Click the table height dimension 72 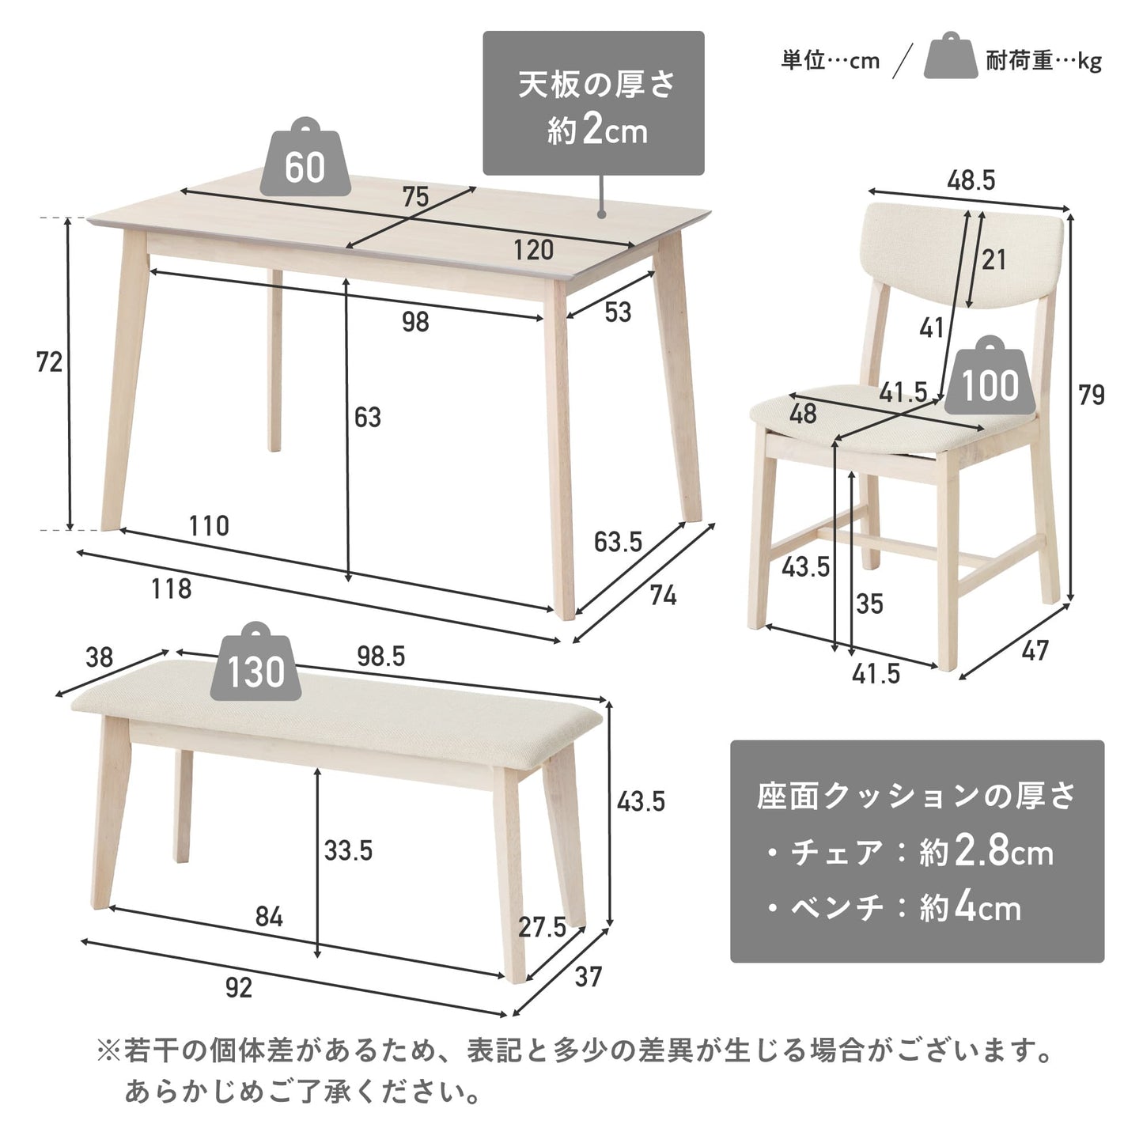point(49,361)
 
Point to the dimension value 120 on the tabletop point(533,250)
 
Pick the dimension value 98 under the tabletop point(415,322)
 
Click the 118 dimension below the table point(172,589)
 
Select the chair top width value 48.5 point(971,180)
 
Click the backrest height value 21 point(994,259)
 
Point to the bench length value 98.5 point(381,656)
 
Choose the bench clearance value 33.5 point(348,850)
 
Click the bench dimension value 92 point(239,988)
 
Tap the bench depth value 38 point(99,658)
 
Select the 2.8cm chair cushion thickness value point(1002,852)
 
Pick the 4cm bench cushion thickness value point(987,907)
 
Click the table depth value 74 point(663,595)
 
